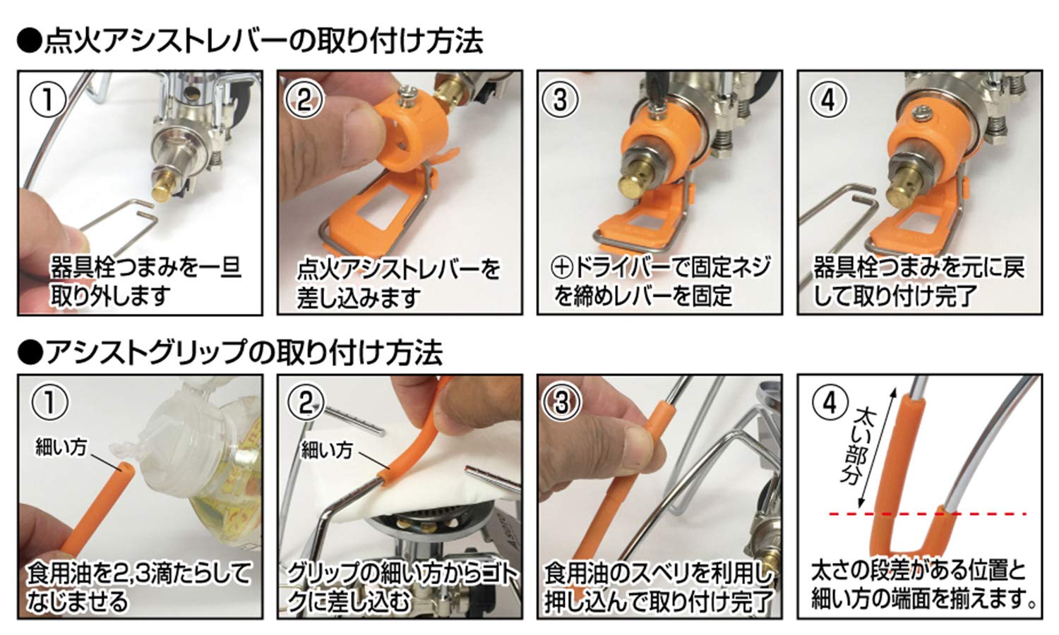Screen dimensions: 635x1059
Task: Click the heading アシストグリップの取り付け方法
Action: [x=230, y=352]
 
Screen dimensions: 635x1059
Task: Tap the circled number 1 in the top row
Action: [x=48, y=99]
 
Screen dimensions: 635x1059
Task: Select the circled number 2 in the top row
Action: [x=304, y=99]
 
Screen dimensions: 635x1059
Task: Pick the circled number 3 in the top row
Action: [x=561, y=99]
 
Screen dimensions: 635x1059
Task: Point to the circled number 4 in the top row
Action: [x=827, y=99]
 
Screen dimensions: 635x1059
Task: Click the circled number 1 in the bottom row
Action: [x=48, y=403]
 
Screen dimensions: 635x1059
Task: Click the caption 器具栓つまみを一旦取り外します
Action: [x=145, y=282]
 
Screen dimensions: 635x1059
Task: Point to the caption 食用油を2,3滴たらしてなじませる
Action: [x=138, y=586]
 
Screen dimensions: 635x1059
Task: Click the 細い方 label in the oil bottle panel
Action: [x=61, y=447]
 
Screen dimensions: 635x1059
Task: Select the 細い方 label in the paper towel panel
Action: [x=326, y=449]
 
